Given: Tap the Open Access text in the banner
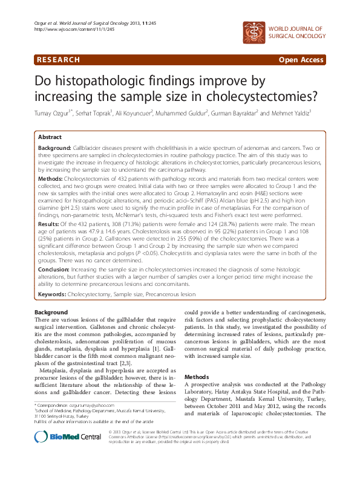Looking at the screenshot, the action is [301, 60].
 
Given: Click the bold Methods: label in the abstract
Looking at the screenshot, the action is [50, 180].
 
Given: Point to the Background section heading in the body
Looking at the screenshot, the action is [51, 311].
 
